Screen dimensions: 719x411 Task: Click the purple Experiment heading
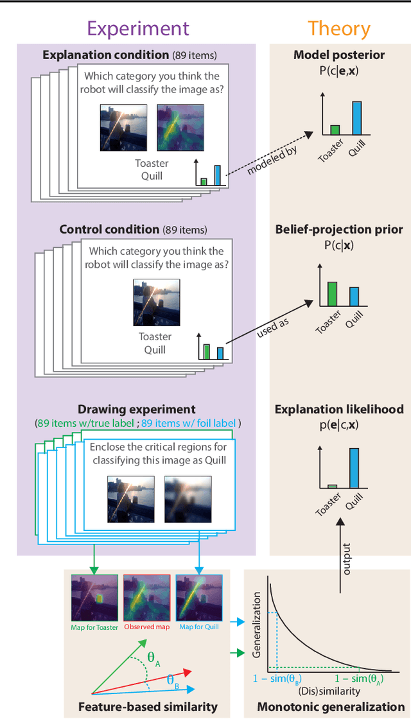(138, 29)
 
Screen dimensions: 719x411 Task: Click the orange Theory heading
(338, 29)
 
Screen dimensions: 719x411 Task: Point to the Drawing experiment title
(136, 409)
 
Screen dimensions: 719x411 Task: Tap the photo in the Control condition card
(156, 302)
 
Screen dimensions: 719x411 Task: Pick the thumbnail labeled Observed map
(147, 598)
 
